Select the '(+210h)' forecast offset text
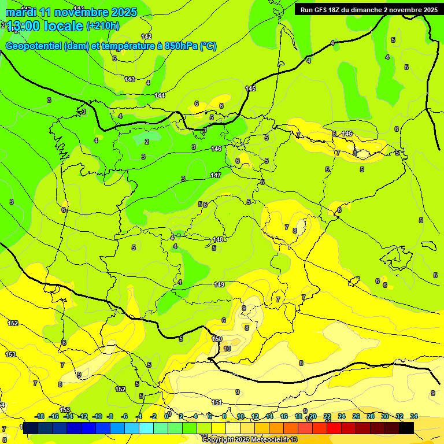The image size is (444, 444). tap(103, 26)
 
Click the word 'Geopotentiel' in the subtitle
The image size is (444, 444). tap(34, 46)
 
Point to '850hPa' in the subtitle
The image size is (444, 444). tap(181, 46)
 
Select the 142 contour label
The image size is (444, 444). tap(146, 36)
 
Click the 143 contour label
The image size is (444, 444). tap(129, 79)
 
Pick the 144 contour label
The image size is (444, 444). tap(160, 95)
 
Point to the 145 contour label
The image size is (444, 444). tap(250, 88)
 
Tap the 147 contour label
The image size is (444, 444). tap(216, 175)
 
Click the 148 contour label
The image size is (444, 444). tap(218, 239)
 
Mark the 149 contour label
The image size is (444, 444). tap(219, 284)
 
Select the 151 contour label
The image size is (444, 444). tap(217, 402)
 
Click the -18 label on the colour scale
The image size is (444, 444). tap(40, 416)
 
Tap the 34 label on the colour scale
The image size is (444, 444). tap(414, 416)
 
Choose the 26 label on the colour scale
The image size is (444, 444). tap(356, 416)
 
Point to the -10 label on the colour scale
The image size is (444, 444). tap(97, 416)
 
